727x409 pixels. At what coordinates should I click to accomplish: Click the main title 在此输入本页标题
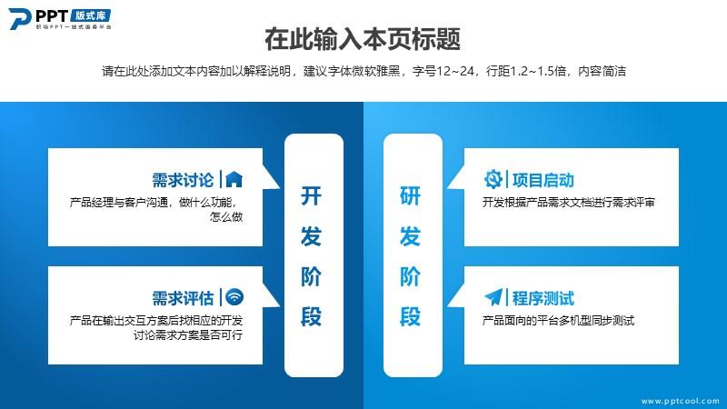pyautogui.click(x=363, y=38)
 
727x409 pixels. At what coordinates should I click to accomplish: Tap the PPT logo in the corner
pyautogui.click(x=60, y=18)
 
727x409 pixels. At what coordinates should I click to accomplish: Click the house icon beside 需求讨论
pyautogui.click(x=234, y=179)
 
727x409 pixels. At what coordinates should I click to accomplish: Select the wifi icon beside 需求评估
pyautogui.click(x=234, y=297)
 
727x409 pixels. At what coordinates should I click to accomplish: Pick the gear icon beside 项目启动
pyautogui.click(x=493, y=179)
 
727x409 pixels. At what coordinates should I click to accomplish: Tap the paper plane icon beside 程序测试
pyautogui.click(x=493, y=297)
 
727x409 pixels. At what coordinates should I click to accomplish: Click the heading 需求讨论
pyautogui.click(x=183, y=180)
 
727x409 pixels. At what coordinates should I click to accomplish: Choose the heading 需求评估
pyautogui.click(x=183, y=298)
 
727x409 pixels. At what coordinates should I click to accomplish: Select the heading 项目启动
pyautogui.click(x=543, y=180)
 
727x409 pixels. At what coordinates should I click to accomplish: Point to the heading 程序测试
pyautogui.click(x=543, y=298)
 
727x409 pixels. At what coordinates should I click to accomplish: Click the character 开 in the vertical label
pyautogui.click(x=311, y=195)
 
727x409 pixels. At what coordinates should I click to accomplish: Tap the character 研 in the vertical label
pyautogui.click(x=411, y=195)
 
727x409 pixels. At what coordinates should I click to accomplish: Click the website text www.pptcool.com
pyautogui.click(x=680, y=401)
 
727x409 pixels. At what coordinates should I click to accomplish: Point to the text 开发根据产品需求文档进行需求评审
pyautogui.click(x=569, y=202)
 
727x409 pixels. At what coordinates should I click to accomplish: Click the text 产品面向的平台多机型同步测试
pyautogui.click(x=558, y=321)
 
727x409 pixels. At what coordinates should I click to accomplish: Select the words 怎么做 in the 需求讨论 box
pyautogui.click(x=226, y=217)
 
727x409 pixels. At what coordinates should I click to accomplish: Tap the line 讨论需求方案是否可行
pyautogui.click(x=188, y=334)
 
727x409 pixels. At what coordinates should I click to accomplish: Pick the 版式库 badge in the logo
pyautogui.click(x=91, y=15)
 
